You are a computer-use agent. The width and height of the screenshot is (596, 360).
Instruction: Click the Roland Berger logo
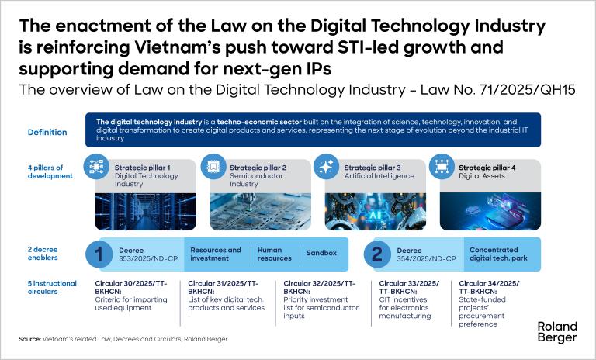[557, 332]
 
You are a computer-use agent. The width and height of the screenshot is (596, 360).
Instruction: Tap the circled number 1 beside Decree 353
[99, 254]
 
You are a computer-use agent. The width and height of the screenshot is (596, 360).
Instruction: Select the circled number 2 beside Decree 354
[377, 254]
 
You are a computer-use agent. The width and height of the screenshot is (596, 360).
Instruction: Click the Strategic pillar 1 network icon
[96, 167]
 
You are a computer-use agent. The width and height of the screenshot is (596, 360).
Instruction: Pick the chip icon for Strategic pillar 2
[213, 167]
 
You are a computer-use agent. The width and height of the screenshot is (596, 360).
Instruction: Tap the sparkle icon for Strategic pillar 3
[327, 167]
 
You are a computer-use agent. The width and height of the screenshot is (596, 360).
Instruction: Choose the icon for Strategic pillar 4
[442, 167]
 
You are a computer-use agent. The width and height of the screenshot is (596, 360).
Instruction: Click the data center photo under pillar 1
[146, 211]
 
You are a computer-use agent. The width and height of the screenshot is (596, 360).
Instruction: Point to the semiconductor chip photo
[261, 211]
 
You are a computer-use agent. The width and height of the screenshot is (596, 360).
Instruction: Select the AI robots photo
[375, 211]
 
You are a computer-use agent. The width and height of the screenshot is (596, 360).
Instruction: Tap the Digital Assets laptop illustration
[490, 211]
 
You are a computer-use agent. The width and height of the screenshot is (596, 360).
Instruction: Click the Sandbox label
[321, 253]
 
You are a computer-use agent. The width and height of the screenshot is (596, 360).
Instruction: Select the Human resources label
[275, 254]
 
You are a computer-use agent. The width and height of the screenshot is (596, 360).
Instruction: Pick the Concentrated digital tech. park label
[498, 254]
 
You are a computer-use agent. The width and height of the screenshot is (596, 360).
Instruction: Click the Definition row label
[47, 133]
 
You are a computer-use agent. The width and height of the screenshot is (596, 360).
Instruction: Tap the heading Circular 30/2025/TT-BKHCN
[130, 287]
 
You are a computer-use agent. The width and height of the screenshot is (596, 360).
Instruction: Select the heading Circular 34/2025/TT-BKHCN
[489, 287]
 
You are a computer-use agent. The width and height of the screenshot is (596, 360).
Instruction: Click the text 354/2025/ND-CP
[426, 259]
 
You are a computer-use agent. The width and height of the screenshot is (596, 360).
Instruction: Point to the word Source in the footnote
[29, 339]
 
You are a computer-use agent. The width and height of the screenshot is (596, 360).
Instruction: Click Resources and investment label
[216, 254]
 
